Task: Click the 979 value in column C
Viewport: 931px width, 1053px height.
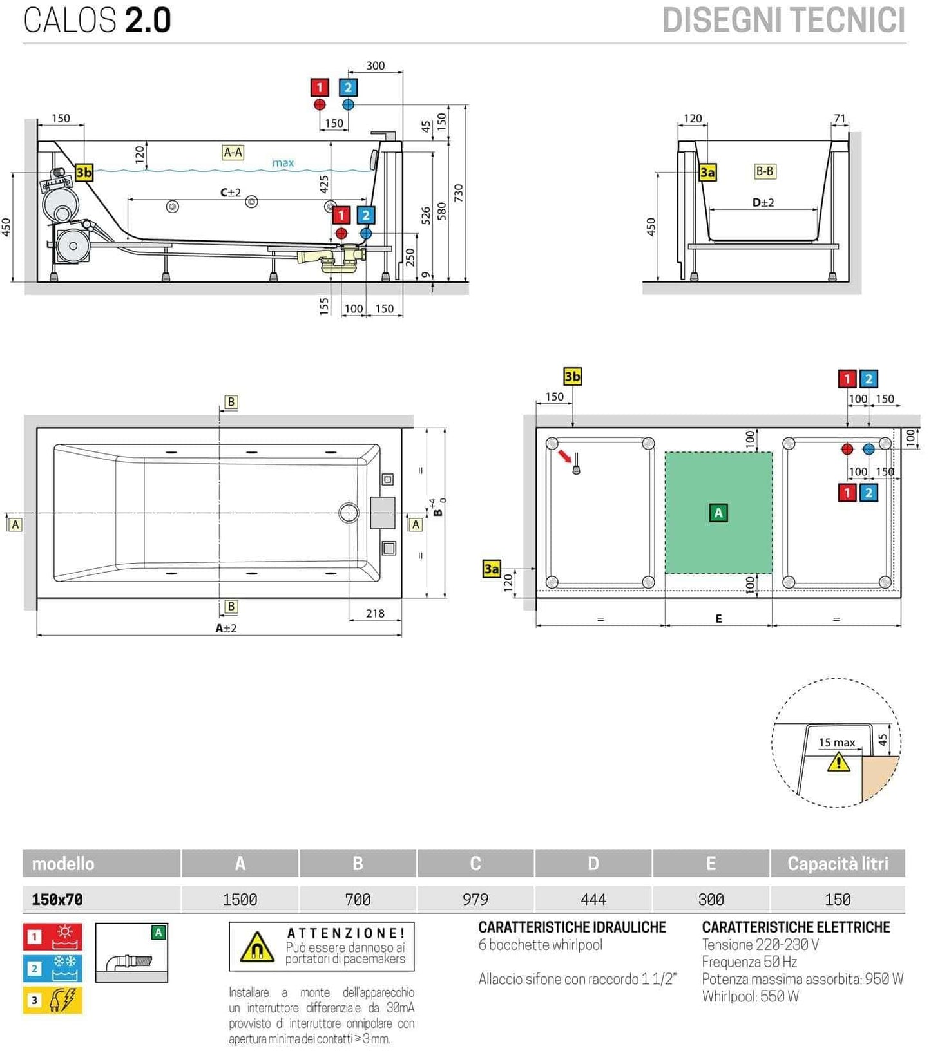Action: tap(475, 899)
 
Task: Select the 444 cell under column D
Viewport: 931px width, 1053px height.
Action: tap(593, 899)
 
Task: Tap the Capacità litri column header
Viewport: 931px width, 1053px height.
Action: tap(837, 863)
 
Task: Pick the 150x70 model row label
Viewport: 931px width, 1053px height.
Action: tap(57, 899)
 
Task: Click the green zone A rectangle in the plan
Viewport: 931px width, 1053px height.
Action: tap(718, 513)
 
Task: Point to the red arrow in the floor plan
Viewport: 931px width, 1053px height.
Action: tap(565, 456)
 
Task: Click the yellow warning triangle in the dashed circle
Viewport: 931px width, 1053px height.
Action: tap(838, 763)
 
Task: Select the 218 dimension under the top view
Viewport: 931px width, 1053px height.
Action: tap(375, 613)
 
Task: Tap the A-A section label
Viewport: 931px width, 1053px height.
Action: tap(233, 152)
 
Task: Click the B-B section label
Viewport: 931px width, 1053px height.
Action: tap(764, 171)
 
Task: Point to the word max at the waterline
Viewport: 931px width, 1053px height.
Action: tap(283, 163)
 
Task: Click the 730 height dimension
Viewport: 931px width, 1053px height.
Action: tap(458, 193)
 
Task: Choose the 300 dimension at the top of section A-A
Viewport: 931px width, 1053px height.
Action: tap(375, 66)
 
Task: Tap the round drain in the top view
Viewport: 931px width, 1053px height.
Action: tap(349, 513)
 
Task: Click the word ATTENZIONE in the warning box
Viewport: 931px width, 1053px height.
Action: tap(345, 933)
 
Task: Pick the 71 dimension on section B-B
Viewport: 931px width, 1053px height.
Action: tap(839, 119)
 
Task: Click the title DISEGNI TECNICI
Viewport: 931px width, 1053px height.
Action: tap(783, 21)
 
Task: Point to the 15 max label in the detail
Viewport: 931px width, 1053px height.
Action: tap(836, 743)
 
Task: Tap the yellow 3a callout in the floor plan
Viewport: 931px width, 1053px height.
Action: tap(491, 569)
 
